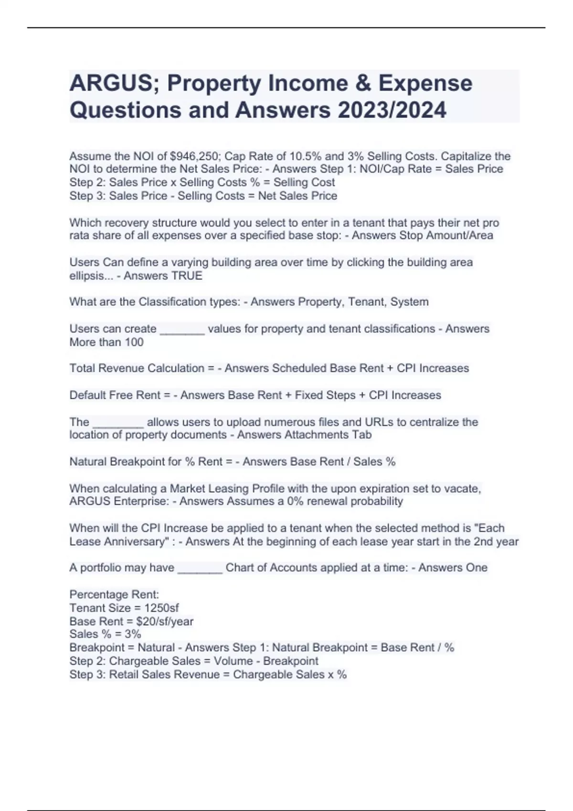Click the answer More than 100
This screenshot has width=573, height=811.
106,342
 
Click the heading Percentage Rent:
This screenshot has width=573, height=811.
114,594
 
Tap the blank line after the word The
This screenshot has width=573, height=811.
118,424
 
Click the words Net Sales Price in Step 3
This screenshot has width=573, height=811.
297,196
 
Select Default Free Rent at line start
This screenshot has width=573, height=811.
115,395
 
